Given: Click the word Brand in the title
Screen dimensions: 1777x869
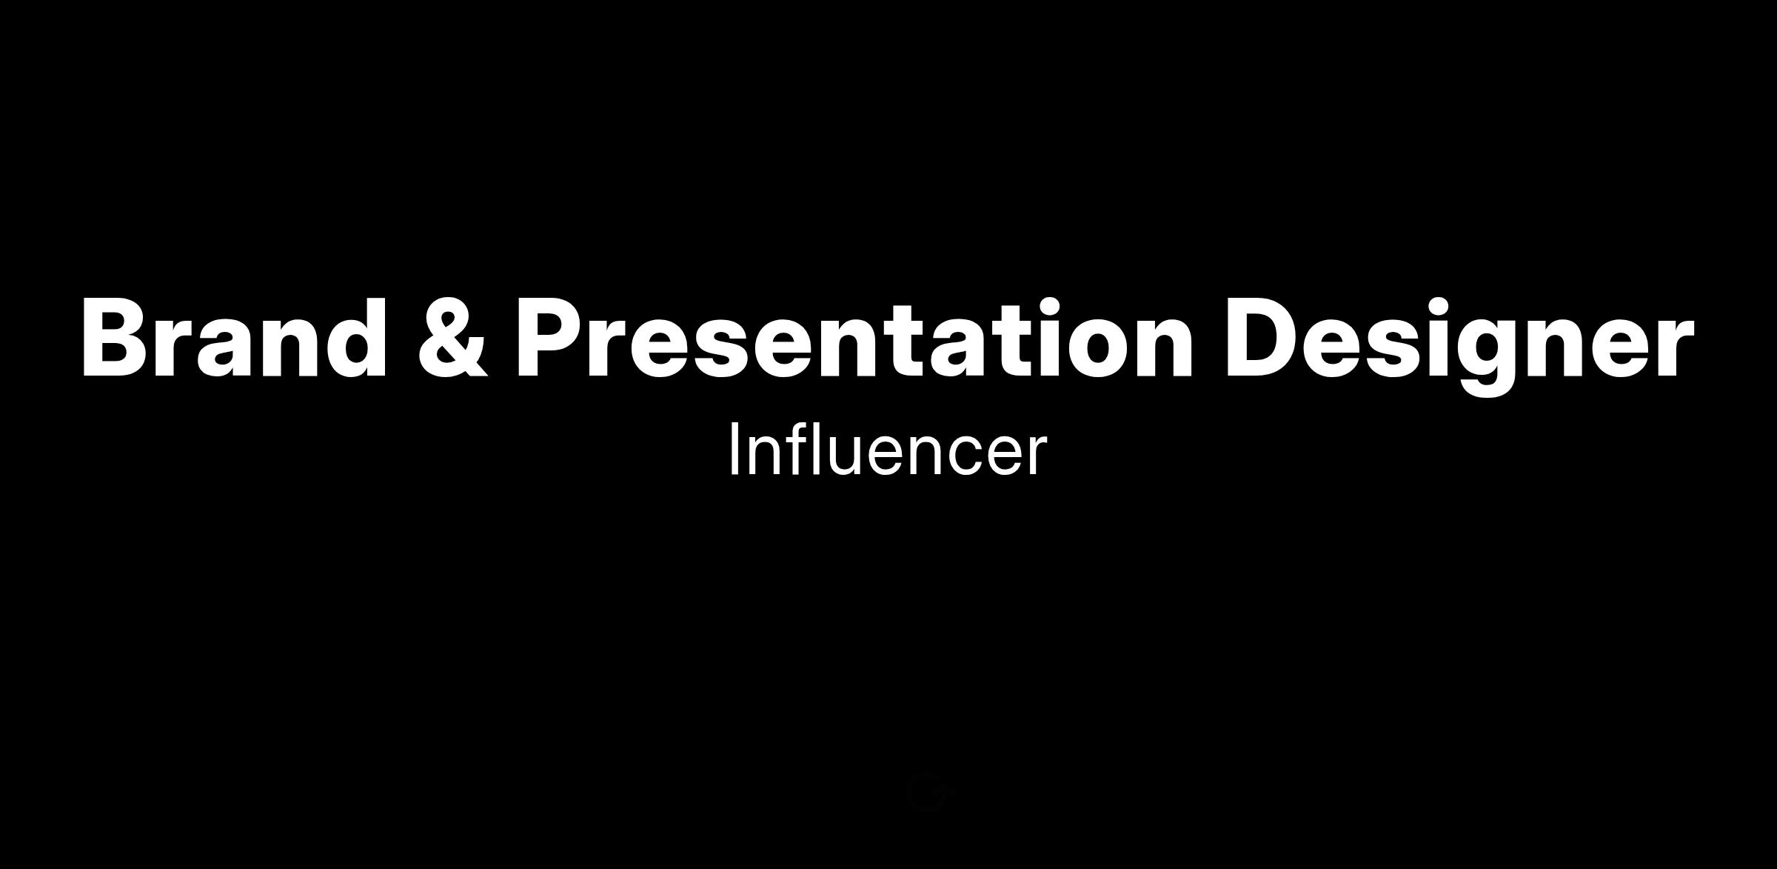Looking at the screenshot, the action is point(234,337).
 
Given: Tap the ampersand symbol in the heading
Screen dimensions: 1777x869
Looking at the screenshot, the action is point(453,338).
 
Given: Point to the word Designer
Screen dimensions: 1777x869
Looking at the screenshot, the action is point(1459,345).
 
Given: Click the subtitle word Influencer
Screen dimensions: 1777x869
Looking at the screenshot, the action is point(888,449).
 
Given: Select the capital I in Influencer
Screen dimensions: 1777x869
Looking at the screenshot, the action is point(734,449).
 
